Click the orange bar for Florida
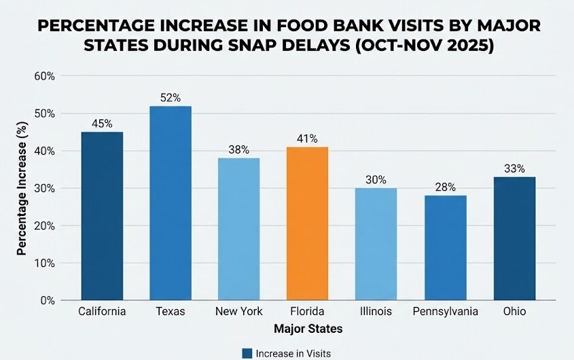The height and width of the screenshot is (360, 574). point(307,223)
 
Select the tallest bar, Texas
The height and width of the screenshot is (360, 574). point(170,203)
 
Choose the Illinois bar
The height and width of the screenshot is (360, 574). point(376,244)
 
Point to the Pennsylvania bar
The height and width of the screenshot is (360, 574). point(445,248)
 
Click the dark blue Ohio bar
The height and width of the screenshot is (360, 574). point(514,238)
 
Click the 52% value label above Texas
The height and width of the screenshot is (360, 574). point(170,98)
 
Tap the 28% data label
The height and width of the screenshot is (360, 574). point(445,187)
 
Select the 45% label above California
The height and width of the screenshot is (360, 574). point(102,124)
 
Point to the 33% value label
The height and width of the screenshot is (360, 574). point(514,168)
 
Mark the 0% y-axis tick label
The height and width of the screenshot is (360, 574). point(46,300)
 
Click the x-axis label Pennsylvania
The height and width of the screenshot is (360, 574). point(445,311)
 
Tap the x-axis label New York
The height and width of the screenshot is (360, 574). point(238,311)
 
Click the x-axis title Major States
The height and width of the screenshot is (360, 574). point(308,329)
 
